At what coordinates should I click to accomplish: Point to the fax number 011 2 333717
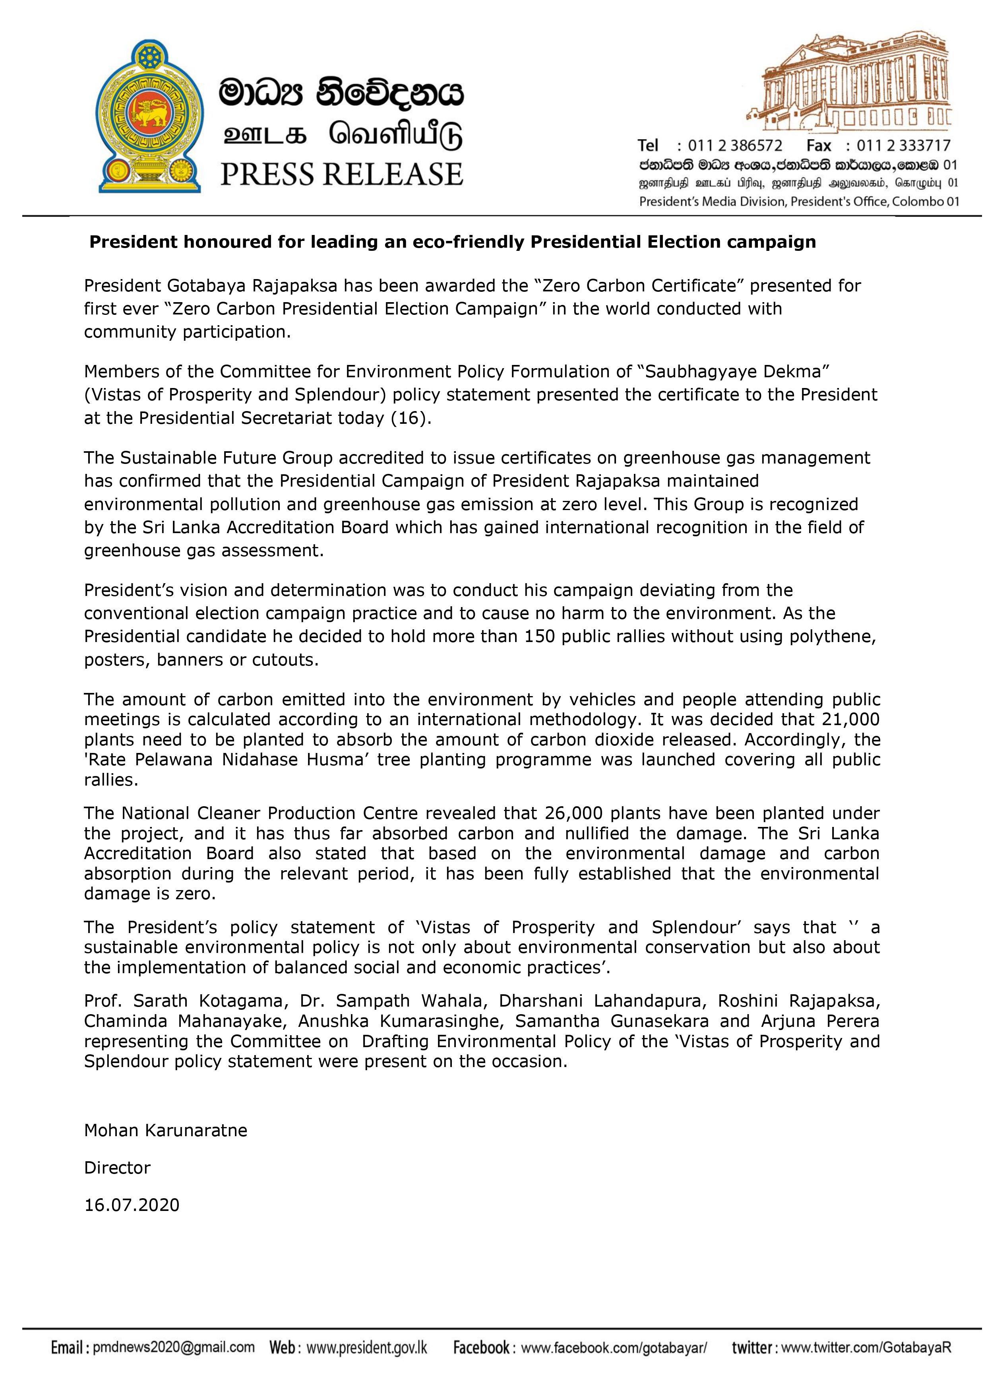pyautogui.click(x=903, y=146)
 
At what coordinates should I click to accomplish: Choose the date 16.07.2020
pyautogui.click(x=132, y=1205)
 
